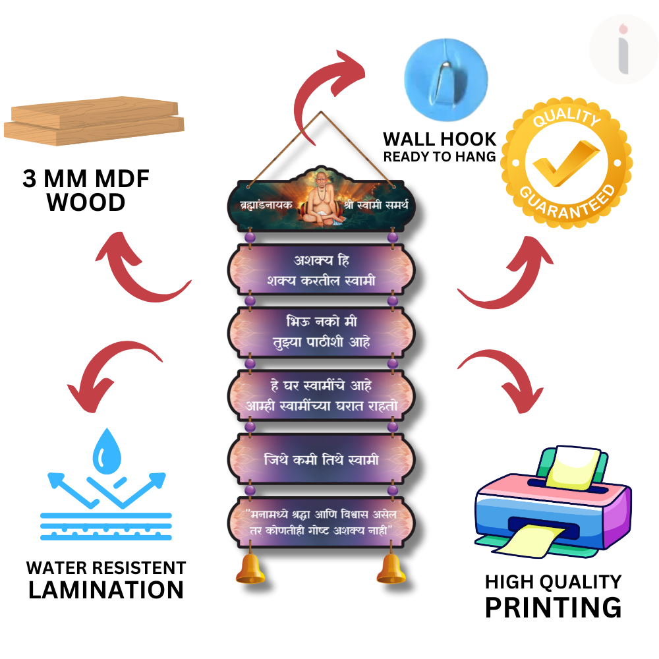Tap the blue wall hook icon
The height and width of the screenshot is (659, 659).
pyautogui.click(x=445, y=73)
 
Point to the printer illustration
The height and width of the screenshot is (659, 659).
pyautogui.click(x=552, y=501)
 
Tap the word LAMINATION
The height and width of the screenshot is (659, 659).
pyautogui.click(x=106, y=590)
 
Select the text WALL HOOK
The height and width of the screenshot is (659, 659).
pyautogui.click(x=440, y=139)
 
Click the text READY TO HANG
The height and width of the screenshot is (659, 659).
pyautogui.click(x=440, y=157)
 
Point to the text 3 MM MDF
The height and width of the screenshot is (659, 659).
pyautogui.click(x=86, y=179)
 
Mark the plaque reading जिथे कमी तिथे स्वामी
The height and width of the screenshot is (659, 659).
pyautogui.click(x=322, y=459)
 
